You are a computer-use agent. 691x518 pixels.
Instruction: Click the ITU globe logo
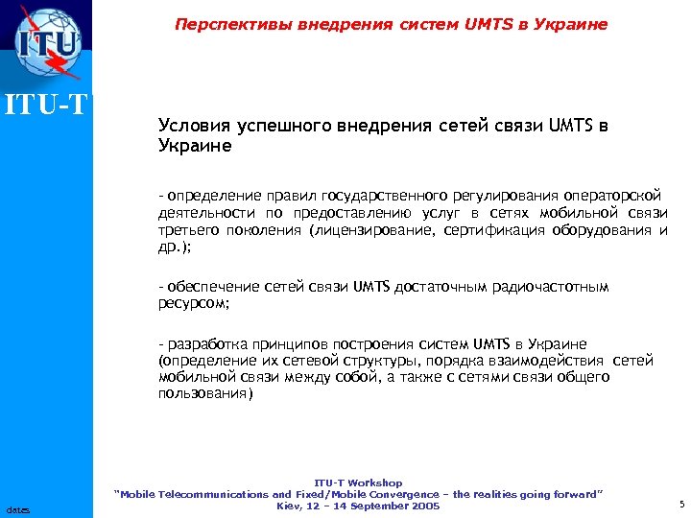[46, 43]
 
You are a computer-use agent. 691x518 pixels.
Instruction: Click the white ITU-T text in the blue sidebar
[46, 100]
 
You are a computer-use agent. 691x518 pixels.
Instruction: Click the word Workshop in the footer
[375, 483]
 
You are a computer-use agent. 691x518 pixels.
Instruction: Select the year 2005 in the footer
[423, 506]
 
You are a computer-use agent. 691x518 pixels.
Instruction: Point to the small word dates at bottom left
[17, 509]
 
